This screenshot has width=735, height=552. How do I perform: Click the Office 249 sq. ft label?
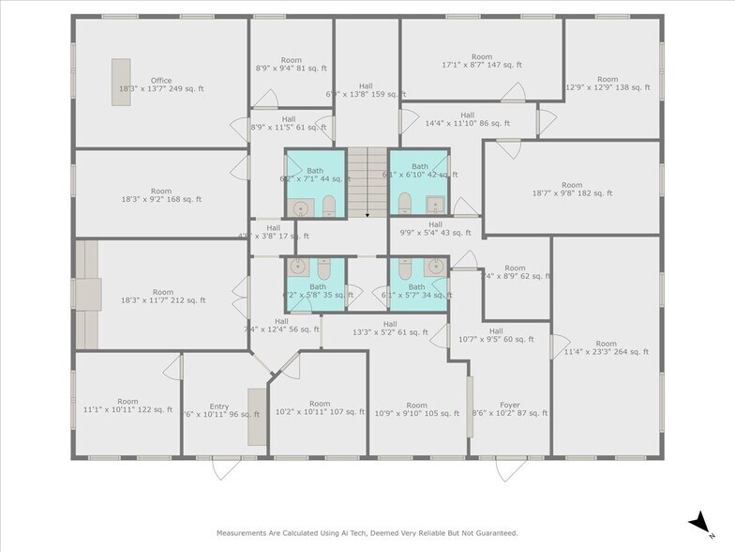[161, 84]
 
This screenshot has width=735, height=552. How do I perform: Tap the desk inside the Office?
[121, 82]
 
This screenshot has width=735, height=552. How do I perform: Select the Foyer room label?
[509, 407]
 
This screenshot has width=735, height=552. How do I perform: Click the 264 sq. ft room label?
[607, 347]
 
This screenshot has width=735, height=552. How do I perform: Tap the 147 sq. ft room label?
[481, 61]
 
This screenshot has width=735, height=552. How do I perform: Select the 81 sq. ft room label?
[292, 63]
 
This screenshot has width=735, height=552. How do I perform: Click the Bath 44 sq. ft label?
[314, 174]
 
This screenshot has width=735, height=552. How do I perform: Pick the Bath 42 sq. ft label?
[419, 171]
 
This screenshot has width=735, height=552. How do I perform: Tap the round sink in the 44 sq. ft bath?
[300, 208]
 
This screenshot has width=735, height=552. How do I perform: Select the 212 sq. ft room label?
[162, 296]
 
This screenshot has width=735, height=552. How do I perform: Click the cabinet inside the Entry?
[256, 417]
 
